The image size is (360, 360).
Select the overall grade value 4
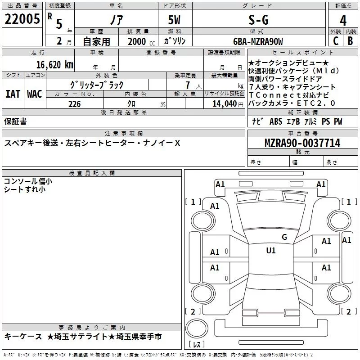coord(343,21)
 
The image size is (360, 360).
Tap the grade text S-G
coord(258,20)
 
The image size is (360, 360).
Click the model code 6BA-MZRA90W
coord(258,42)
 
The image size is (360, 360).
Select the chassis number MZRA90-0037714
coord(302,144)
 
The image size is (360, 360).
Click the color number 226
coord(74,104)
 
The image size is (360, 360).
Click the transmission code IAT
coord(13,94)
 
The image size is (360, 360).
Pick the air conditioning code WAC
coord(34,94)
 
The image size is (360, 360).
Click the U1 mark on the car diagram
coord(271,251)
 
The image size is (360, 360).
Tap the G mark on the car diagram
coord(284,237)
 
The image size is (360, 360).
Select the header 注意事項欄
coord(124,134)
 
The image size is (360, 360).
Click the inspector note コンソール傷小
coord(28,181)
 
